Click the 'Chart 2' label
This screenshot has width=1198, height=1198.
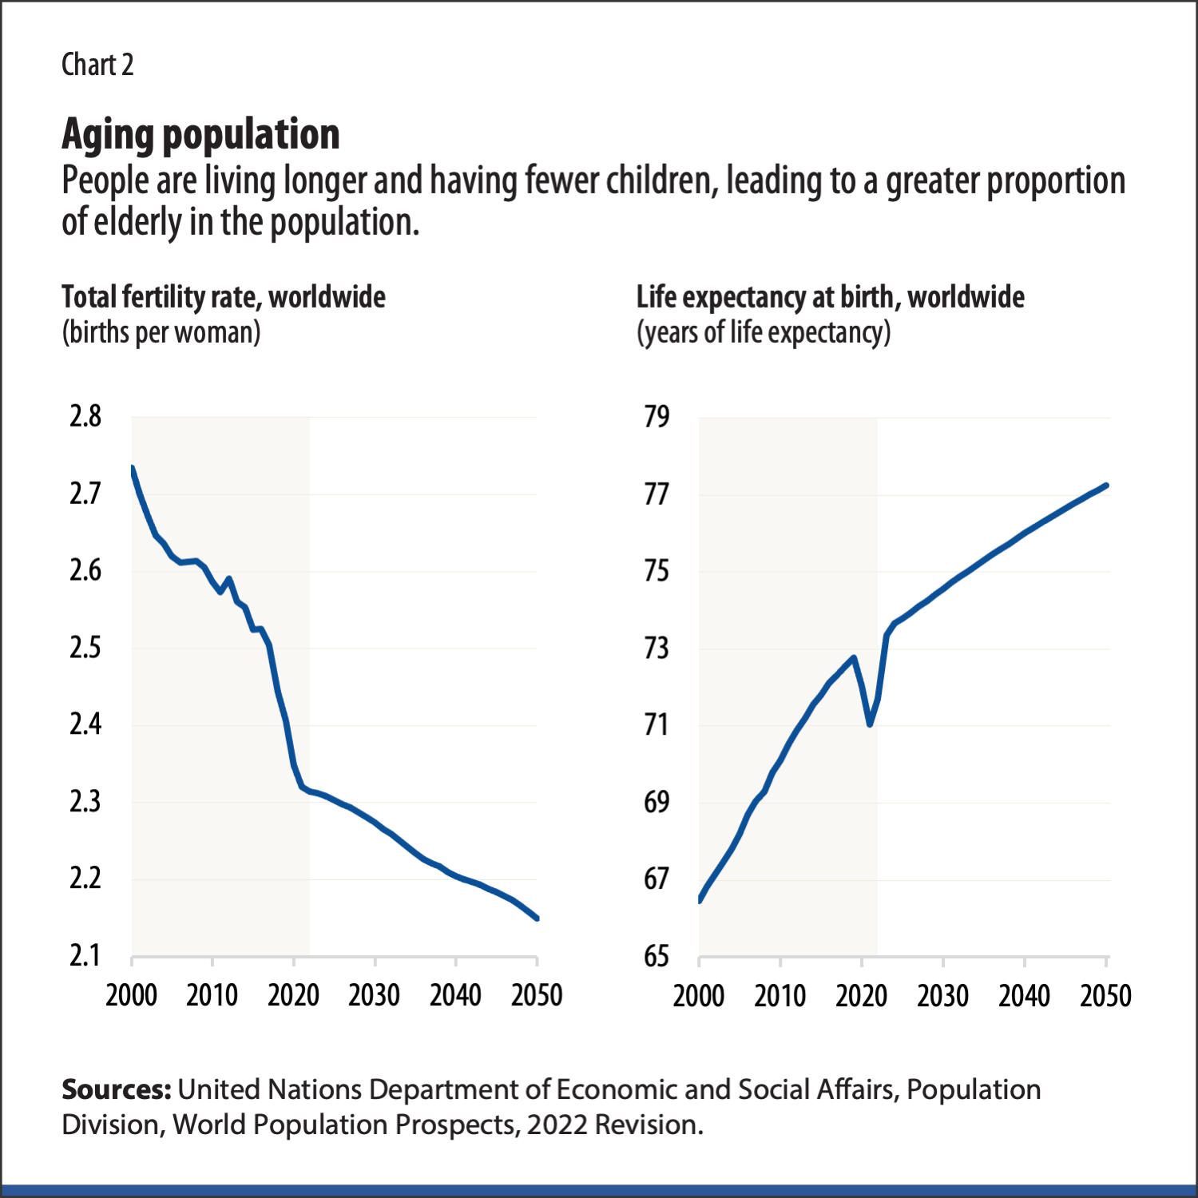97,65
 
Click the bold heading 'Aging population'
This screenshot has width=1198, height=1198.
200,134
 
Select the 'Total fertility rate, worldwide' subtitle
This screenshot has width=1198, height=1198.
224,297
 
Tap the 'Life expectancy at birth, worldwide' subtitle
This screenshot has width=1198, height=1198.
830,297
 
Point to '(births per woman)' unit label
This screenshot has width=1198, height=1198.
161,332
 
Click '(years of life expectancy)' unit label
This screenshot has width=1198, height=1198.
763,332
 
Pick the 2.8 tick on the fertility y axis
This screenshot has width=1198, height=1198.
85,416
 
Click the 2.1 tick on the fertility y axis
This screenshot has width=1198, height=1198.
85,955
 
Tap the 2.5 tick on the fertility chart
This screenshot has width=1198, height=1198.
85,648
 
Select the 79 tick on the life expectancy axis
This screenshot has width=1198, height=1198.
657,416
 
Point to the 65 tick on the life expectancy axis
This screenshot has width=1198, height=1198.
657,955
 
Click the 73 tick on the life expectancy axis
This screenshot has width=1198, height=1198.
657,648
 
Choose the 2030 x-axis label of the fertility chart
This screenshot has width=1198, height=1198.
374,995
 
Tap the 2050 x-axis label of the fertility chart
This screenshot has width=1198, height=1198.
537,995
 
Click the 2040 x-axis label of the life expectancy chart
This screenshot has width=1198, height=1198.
1024,996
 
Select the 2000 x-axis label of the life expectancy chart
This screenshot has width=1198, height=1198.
699,996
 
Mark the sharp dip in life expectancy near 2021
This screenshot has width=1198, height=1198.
870,724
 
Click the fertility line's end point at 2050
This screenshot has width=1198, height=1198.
537,918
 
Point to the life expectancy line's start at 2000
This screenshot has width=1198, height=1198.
700,899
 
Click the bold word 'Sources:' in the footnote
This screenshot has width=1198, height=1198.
116,1089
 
